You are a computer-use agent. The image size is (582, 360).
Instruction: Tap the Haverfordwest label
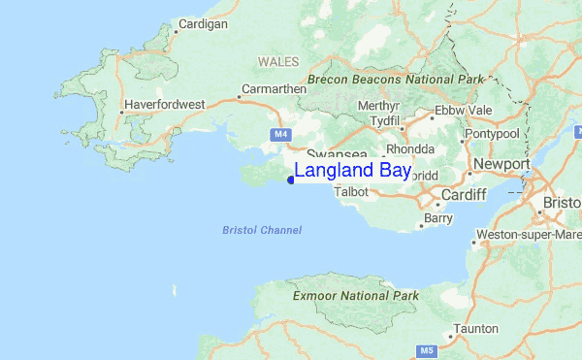click(164, 103)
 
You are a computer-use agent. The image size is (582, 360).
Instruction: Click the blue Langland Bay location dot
click(291, 179)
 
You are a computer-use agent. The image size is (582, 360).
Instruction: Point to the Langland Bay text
click(352, 171)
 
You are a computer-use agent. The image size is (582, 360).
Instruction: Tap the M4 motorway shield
click(280, 133)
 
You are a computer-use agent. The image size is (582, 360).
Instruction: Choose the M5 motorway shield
click(426, 349)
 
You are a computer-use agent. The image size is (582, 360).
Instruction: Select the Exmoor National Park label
click(355, 295)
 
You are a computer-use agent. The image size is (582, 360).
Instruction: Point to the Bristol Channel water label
click(262, 230)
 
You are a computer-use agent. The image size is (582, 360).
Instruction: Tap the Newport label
click(501, 164)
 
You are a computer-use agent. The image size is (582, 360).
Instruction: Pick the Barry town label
click(438, 219)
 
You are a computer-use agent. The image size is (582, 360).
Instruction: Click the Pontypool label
click(493, 133)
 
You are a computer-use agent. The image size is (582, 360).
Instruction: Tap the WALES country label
click(278, 61)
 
